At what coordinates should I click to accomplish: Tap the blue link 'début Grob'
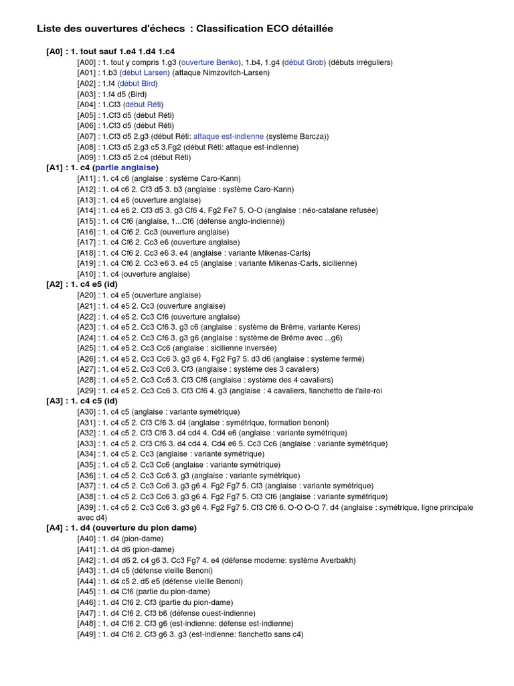305,62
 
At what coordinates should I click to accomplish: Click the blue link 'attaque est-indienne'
228,136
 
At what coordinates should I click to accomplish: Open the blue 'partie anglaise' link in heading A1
126,167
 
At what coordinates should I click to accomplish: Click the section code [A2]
54,284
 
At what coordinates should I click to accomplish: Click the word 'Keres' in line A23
348,327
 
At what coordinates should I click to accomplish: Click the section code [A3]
54,401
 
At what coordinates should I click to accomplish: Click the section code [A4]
54,528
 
